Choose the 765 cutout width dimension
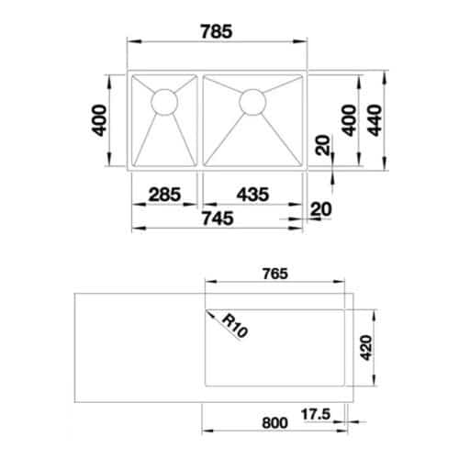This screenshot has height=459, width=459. tap(274, 273)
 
